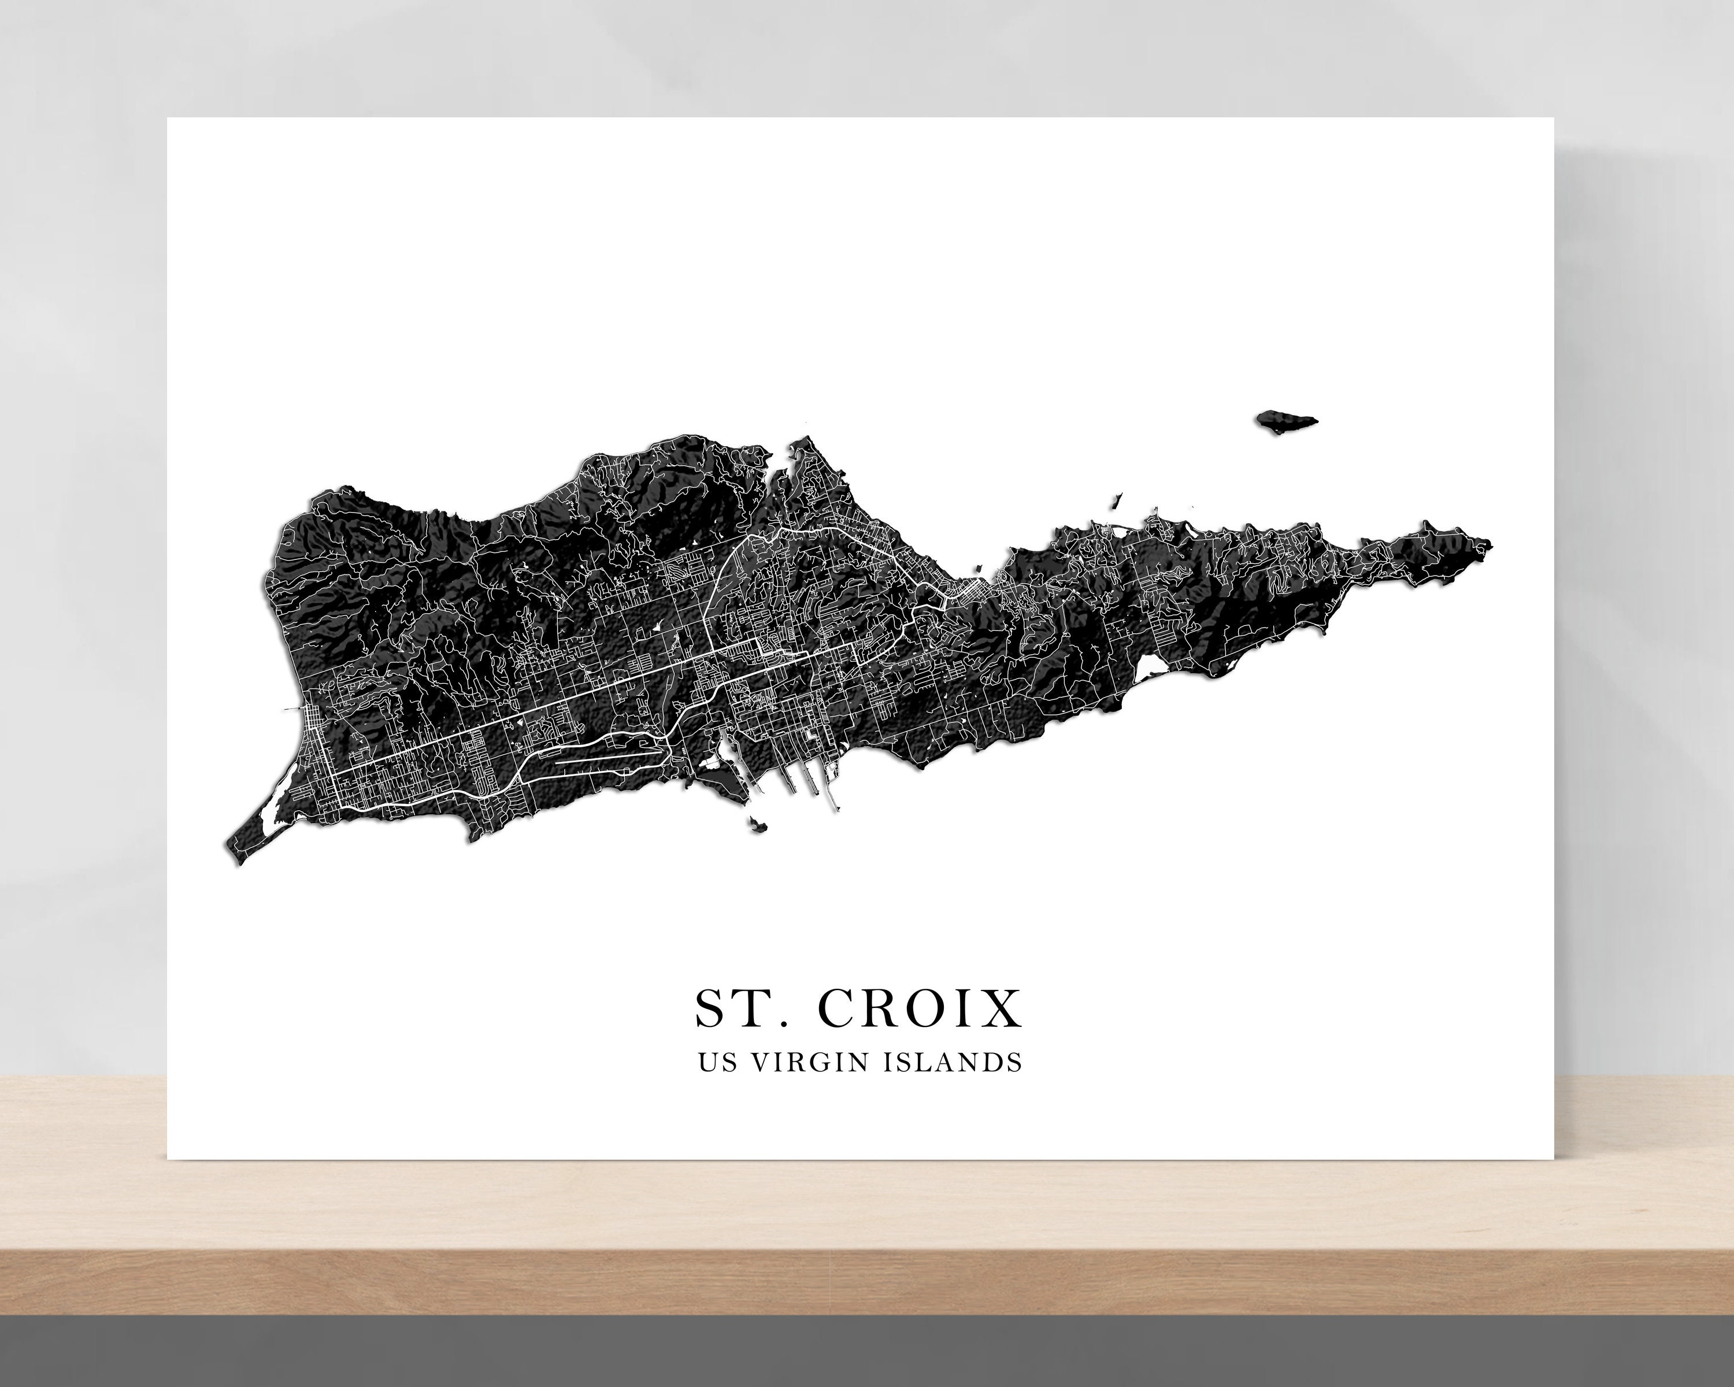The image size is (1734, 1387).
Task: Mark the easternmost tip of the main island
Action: click(1490, 545)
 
